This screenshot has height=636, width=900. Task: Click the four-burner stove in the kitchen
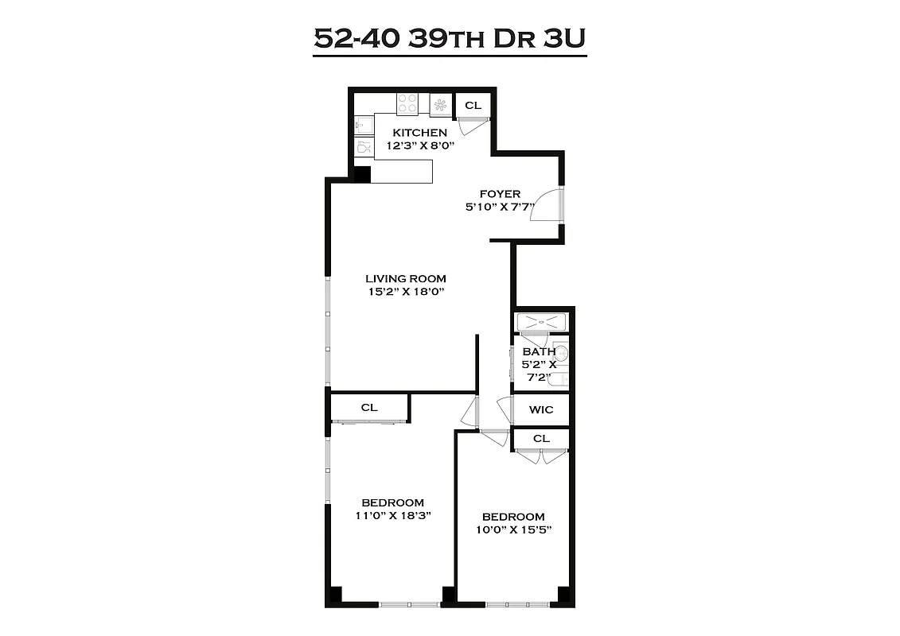(x=407, y=104)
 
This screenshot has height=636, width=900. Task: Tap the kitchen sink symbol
(x=362, y=125)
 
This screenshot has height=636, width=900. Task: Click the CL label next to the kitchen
(x=473, y=105)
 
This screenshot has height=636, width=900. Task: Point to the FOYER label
(x=500, y=194)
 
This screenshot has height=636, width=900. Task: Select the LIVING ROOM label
(x=405, y=278)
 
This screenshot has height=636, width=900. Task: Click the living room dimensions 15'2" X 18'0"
(x=405, y=292)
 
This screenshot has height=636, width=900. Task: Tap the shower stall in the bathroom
(x=542, y=323)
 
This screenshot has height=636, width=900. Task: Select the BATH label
(x=538, y=351)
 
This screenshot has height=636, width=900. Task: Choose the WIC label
(x=541, y=410)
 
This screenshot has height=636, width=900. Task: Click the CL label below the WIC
(x=541, y=438)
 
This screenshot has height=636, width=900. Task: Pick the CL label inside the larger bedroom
(x=368, y=407)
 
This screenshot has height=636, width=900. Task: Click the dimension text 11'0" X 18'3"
(x=392, y=516)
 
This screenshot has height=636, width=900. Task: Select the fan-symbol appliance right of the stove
(x=440, y=104)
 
